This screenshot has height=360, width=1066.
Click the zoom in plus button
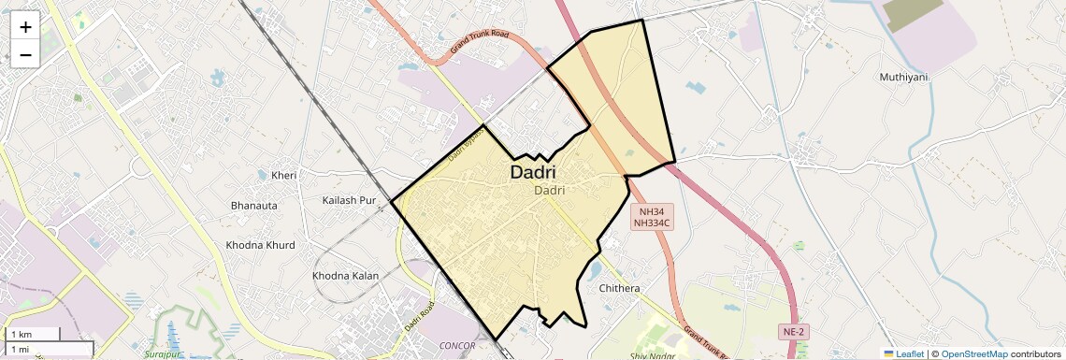pyautogui.click(x=25, y=28)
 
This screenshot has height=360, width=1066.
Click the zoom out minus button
pyautogui.click(x=25, y=55)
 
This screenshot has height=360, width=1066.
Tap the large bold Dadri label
pyautogui.click(x=533, y=173)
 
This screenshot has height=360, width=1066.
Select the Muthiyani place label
pyautogui.click(x=903, y=77)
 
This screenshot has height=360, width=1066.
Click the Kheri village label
pyautogui.click(x=283, y=176)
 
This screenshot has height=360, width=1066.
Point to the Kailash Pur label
pyautogui.click(x=348, y=200)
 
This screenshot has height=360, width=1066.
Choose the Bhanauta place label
pyautogui.click(x=254, y=205)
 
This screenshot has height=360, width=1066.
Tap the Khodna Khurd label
pyautogui.click(x=260, y=245)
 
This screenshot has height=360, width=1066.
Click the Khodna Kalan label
pyautogui.click(x=345, y=276)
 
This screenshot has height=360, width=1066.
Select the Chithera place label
pyautogui.click(x=619, y=288)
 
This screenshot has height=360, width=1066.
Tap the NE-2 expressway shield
pyautogui.click(x=792, y=332)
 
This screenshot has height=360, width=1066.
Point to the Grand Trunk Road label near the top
pyautogui.click(x=478, y=42)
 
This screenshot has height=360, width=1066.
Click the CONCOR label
pyautogui.click(x=457, y=345)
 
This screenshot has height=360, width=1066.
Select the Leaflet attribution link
pyautogui.click(x=903, y=353)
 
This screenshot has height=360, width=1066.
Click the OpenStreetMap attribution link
pyautogui.click(x=973, y=353)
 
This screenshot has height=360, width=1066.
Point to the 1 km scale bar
pyautogui.click(x=34, y=335)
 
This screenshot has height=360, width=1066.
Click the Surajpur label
pyautogui.click(x=166, y=354)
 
